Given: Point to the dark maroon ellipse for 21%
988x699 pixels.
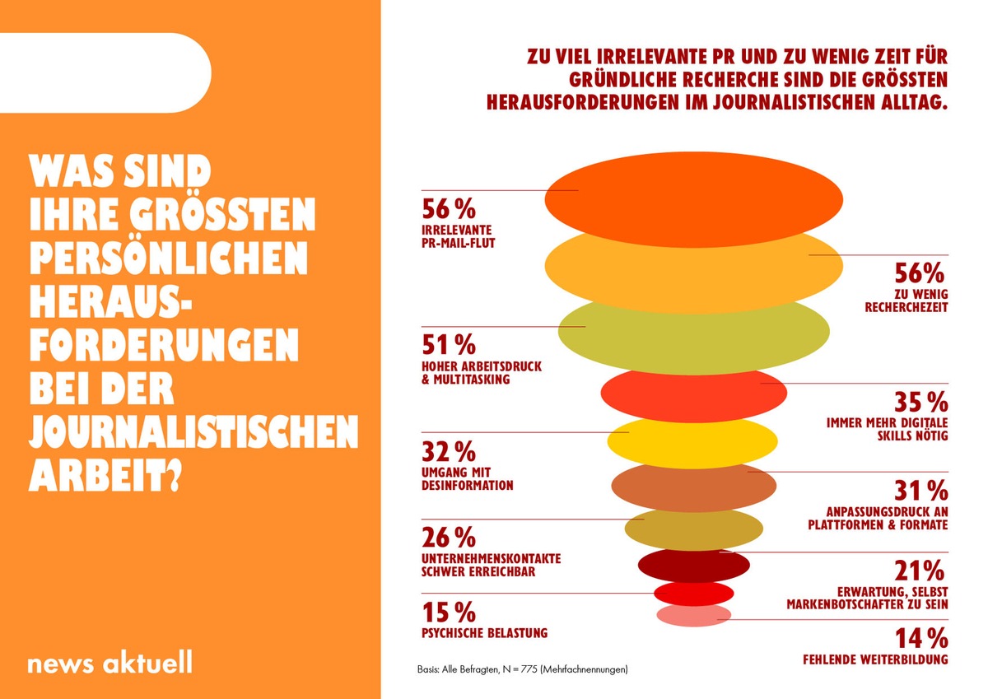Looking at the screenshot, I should tap(693, 566).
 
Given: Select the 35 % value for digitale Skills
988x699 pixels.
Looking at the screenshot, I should tap(920, 403).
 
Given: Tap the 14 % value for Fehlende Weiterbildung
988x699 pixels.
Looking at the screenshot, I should tap(920, 638).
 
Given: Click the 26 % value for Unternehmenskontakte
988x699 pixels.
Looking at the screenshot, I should tap(449, 538).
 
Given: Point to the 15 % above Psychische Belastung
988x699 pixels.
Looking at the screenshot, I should tap(449, 612).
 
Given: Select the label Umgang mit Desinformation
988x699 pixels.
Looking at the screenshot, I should tap(467, 478).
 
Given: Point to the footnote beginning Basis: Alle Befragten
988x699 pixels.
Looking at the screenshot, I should tap(521, 669).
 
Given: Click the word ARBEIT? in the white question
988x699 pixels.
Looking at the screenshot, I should tap(105, 474).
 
